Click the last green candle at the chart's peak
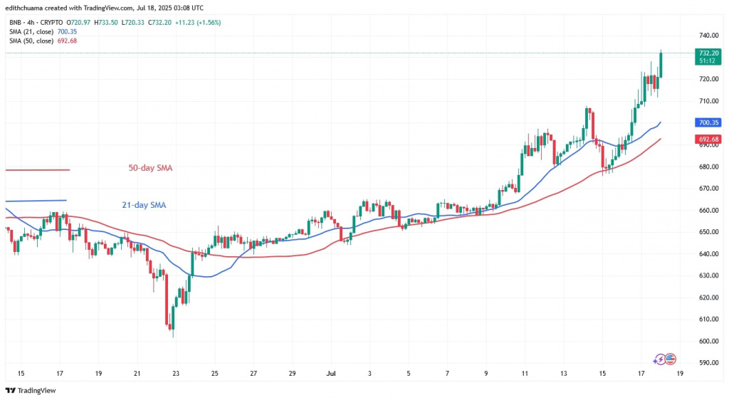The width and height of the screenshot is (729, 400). [661, 64]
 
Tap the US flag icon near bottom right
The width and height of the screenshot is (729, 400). [670, 360]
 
